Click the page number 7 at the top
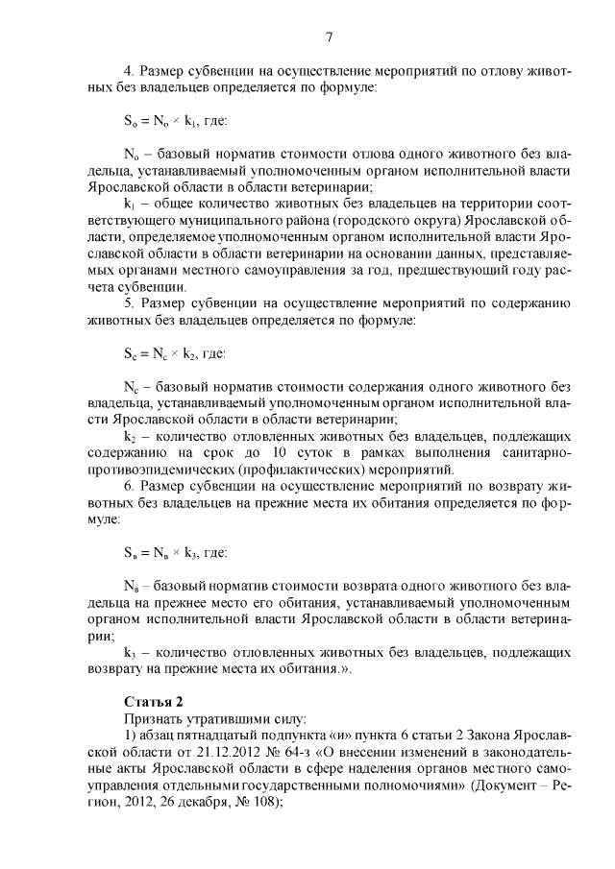click(x=329, y=37)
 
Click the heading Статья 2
click(x=154, y=700)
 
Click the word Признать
click(x=154, y=717)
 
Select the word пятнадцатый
click(x=213, y=735)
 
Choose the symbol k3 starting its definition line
click(x=132, y=651)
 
